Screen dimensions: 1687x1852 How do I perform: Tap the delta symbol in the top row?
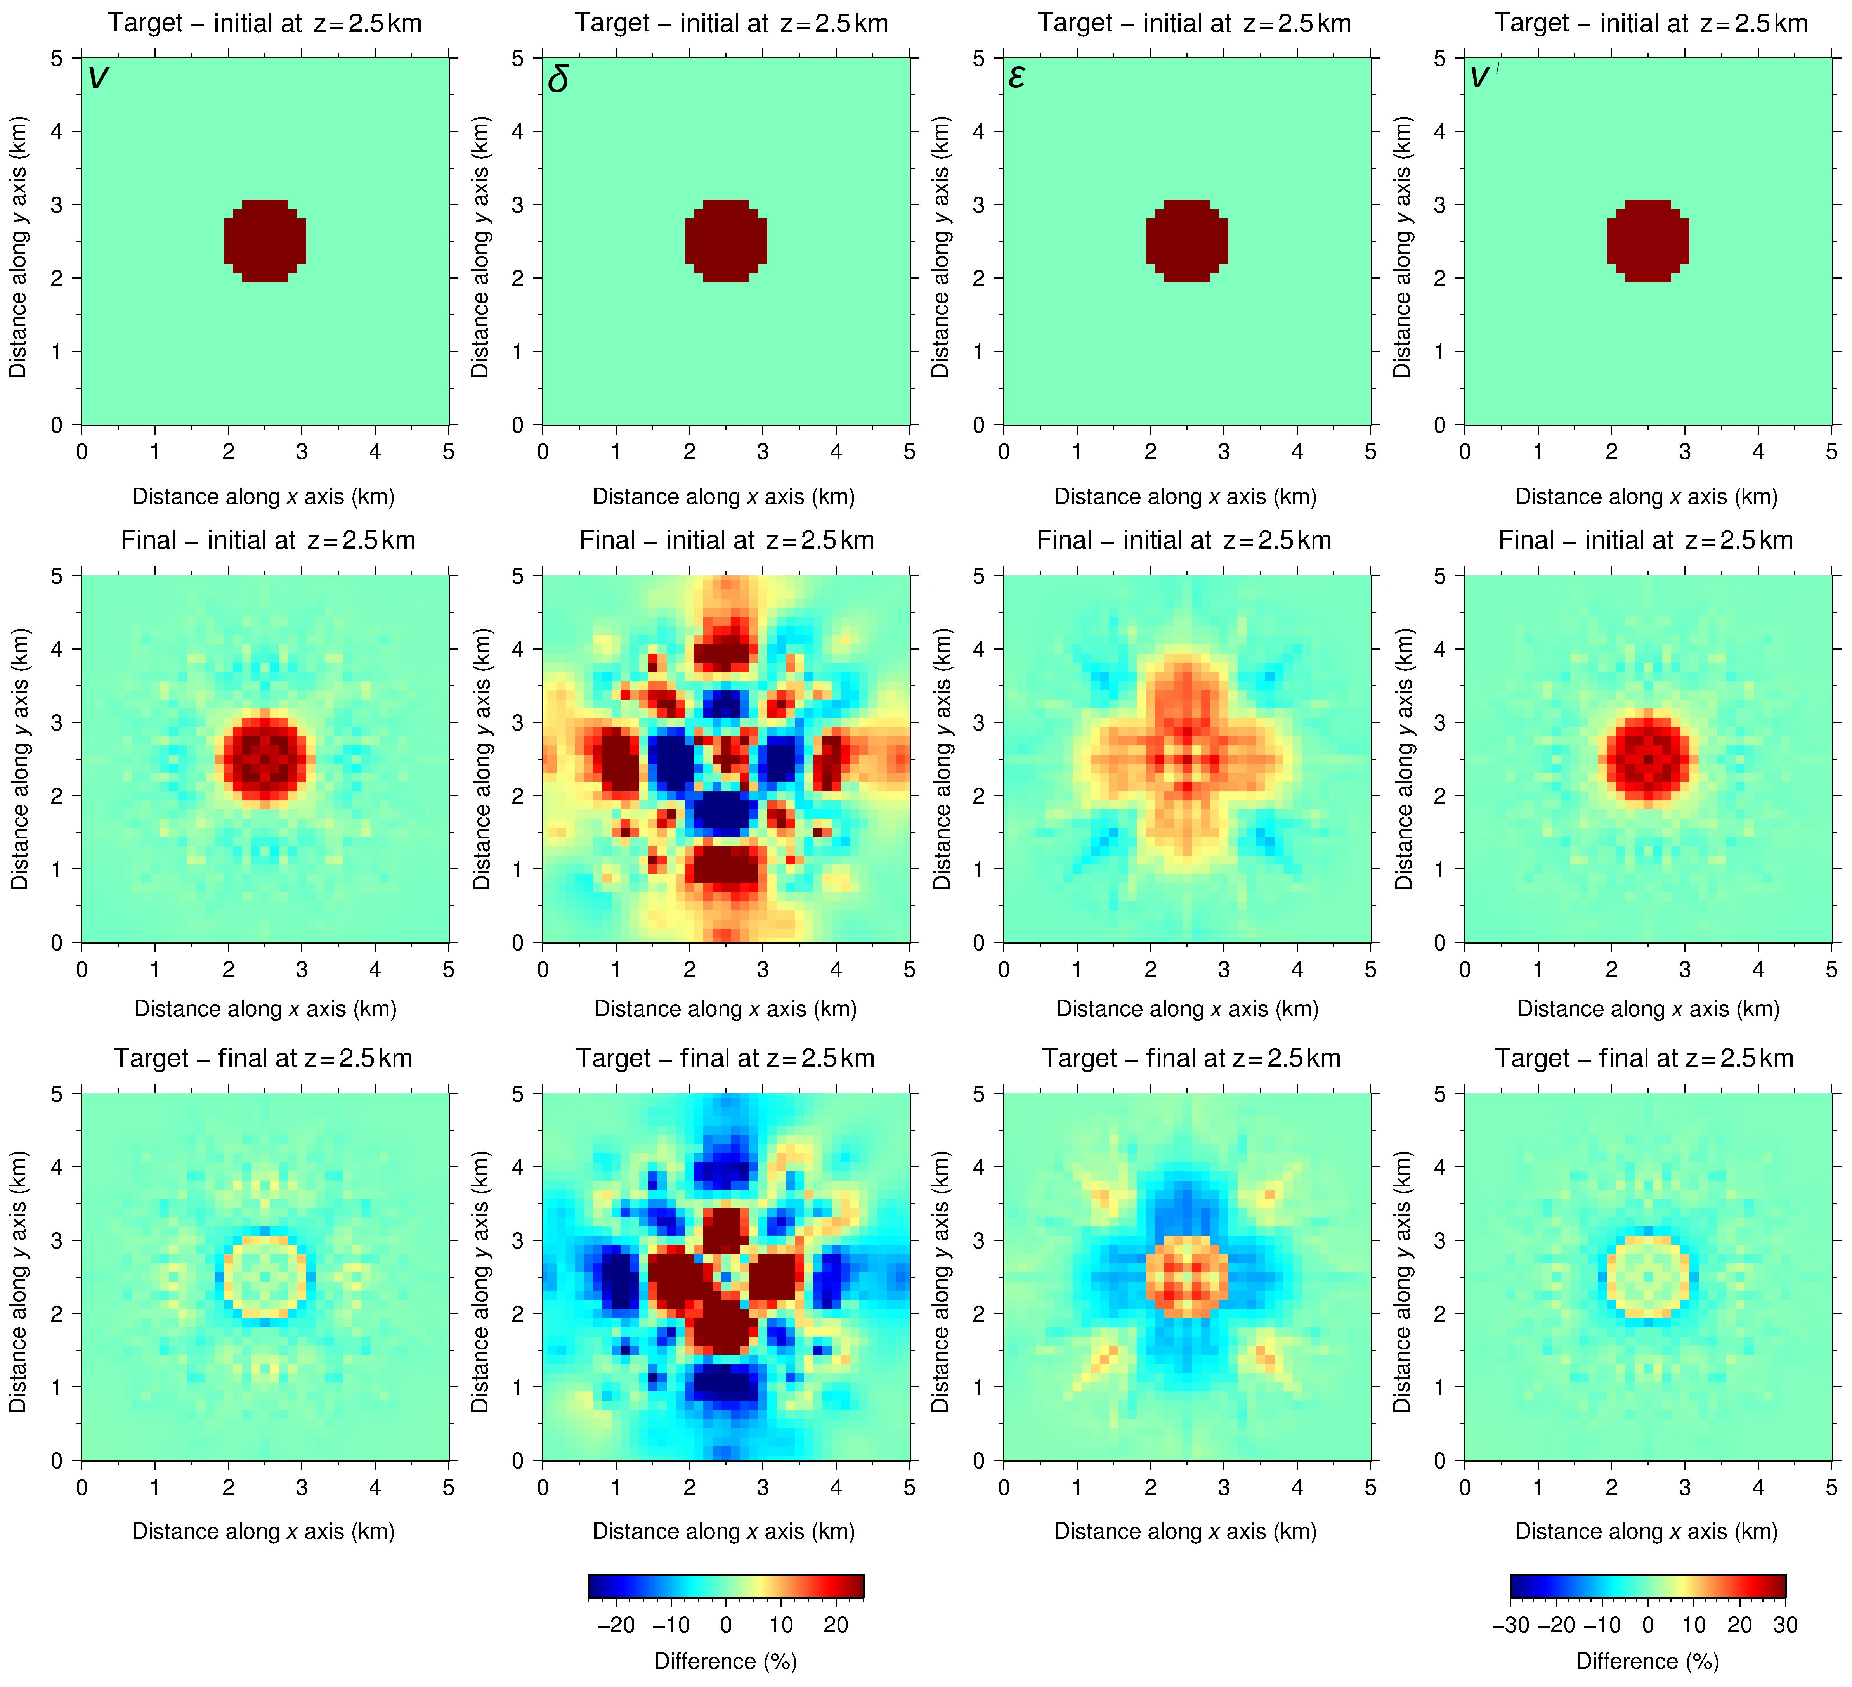[x=558, y=80]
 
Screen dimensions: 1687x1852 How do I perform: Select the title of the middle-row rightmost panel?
[x=1645, y=540]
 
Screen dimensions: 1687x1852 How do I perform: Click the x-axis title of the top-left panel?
[x=264, y=497]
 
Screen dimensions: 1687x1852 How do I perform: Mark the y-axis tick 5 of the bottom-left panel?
[x=57, y=1094]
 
